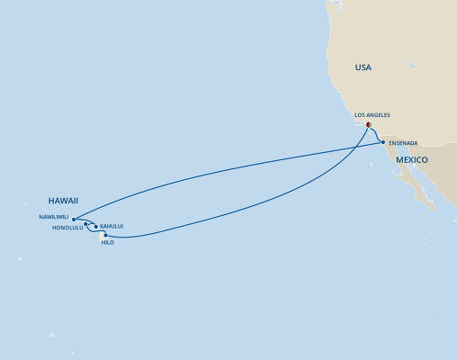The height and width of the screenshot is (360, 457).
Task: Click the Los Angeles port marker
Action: (x=368, y=124)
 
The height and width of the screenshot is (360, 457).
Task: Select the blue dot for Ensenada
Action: (x=383, y=142)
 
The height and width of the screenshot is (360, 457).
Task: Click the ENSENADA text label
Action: (x=405, y=142)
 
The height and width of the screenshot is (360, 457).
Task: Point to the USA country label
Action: (x=363, y=67)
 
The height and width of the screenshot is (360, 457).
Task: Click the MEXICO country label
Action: (x=408, y=159)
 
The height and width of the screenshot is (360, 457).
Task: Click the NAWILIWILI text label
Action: (x=54, y=217)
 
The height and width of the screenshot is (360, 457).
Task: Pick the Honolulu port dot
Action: (x=85, y=224)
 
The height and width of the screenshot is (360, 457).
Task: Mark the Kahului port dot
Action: (x=95, y=227)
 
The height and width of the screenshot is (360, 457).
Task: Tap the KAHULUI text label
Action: (x=112, y=226)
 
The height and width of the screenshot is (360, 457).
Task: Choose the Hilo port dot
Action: (x=106, y=236)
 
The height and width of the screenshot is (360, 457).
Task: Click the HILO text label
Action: (x=108, y=244)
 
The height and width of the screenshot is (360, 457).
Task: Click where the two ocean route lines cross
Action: (x=358, y=148)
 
